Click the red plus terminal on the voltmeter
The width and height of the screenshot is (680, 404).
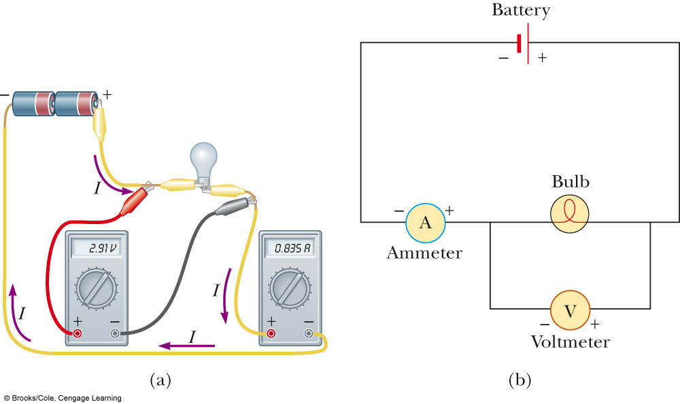tap(77, 333)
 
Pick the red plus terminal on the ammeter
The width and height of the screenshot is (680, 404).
tap(271, 333)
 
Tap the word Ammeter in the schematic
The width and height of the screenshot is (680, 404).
tap(424, 253)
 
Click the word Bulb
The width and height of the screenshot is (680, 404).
tap(570, 182)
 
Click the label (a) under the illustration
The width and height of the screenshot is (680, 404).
tap(160, 380)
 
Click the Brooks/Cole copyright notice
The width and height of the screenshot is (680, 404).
tap(63, 398)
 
